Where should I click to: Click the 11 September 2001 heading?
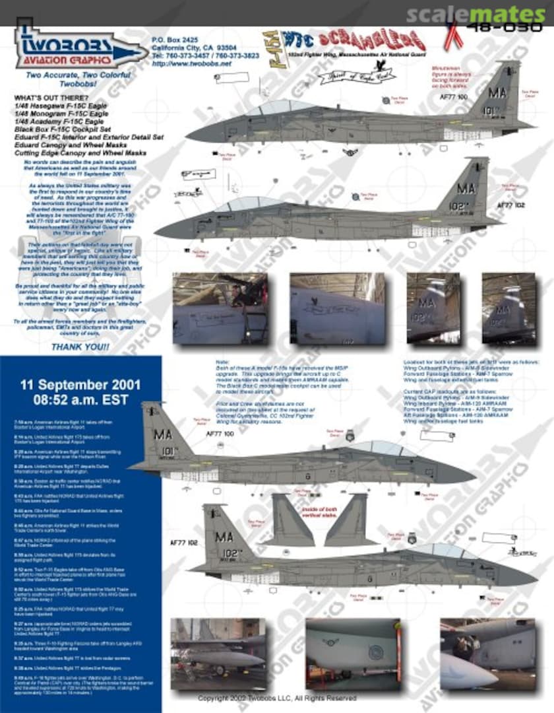tap(80, 385)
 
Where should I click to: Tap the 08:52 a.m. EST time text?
tap(80, 399)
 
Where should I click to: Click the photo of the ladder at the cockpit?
tap(220, 308)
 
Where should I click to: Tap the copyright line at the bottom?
tap(277, 698)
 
